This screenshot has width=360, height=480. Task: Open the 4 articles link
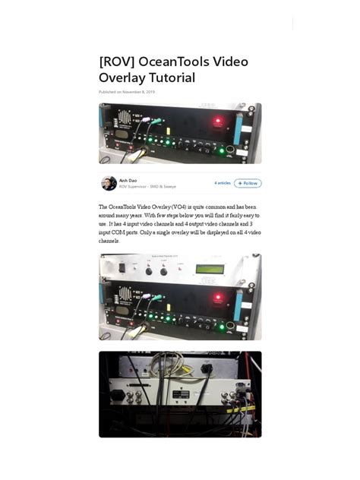click(x=222, y=183)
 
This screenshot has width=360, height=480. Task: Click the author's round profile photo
click(x=109, y=183)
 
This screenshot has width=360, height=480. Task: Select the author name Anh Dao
click(x=128, y=180)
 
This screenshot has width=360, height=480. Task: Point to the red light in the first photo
click(x=217, y=122)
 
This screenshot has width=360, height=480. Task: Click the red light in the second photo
click(x=217, y=297)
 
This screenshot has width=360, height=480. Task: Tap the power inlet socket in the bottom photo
click(x=118, y=394)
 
